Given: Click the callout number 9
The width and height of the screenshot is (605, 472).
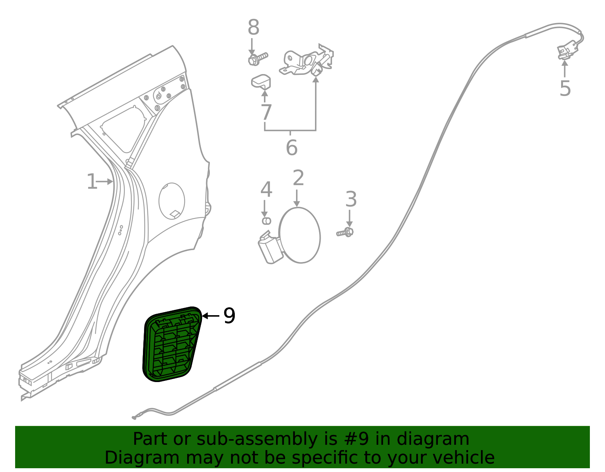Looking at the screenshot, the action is pos(229,316).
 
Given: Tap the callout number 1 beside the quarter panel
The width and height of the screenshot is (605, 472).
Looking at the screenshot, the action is pos(92,181).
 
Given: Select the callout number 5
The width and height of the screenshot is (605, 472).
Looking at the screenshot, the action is pos(565,88).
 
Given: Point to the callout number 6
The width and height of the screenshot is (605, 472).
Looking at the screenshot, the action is pos(292,147).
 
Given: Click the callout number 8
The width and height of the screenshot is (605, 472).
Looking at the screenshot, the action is pos(253,27).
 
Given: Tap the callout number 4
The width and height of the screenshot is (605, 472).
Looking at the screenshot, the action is pos(266,189).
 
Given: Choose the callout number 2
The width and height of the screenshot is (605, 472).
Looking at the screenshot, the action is pos(298,178).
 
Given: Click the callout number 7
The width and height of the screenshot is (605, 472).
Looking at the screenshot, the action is pos(266,112).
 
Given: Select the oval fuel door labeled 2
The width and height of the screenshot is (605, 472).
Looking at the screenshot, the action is pos(299,235).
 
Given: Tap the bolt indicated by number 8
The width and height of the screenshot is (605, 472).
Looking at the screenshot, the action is pos(258,59).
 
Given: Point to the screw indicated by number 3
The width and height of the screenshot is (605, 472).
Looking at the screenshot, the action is pos(345,232).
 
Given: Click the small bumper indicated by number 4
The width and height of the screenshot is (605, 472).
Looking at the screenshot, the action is pos(267,221).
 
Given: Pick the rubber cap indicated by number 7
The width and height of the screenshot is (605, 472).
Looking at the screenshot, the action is pos(261,82).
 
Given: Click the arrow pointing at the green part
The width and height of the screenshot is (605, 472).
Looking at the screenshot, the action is pos(211,316).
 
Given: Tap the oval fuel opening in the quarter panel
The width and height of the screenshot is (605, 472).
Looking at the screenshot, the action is pos(172,201).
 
